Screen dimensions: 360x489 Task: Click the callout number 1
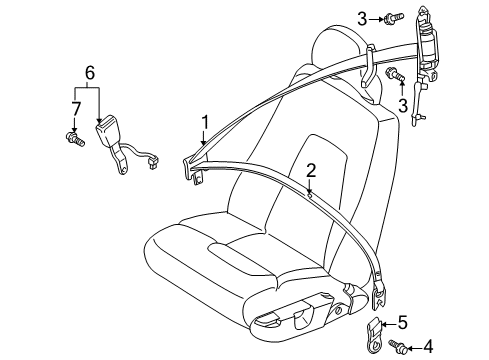pyautogui.click(x=204, y=123)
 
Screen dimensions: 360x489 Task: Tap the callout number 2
pyautogui.click(x=311, y=171)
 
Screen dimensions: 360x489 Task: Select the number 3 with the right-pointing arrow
pyautogui.click(x=364, y=17)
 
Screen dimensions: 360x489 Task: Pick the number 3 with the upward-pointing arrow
pyautogui.click(x=404, y=103)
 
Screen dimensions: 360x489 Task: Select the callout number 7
pyautogui.click(x=75, y=107)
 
